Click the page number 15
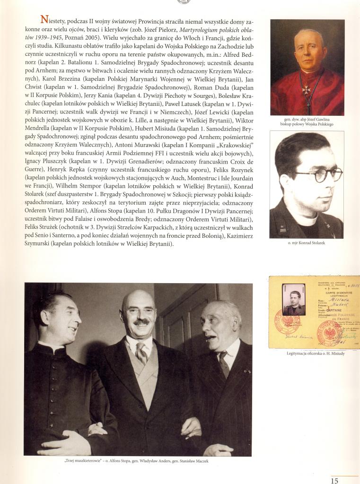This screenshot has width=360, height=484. [334, 481]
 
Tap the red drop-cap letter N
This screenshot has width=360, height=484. [44, 19]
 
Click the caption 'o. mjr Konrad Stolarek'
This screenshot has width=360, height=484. [307, 242]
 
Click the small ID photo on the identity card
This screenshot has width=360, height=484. [293, 299]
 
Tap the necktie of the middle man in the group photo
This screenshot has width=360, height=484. [141, 352]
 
